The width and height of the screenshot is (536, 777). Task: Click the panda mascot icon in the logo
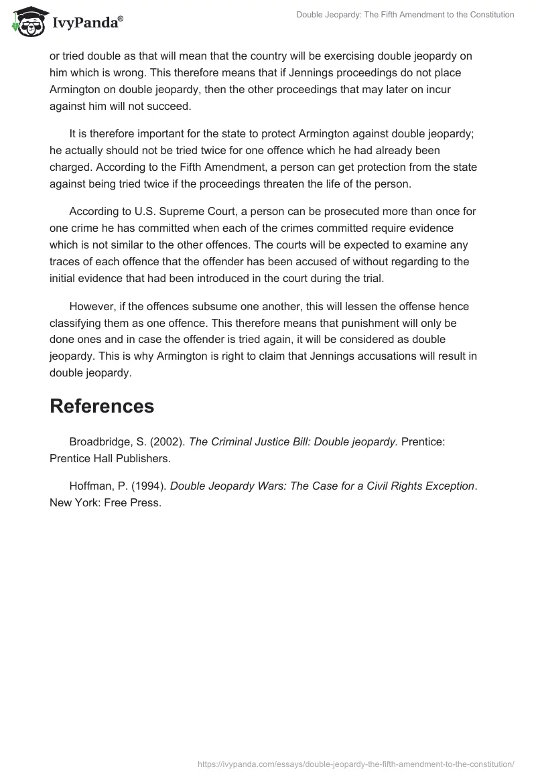click(26, 22)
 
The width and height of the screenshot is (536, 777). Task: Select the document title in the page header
click(405, 15)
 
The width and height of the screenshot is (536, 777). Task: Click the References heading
click(102, 406)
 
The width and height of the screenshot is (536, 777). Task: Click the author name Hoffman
click(90, 486)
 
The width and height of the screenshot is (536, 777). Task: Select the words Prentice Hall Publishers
click(110, 459)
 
